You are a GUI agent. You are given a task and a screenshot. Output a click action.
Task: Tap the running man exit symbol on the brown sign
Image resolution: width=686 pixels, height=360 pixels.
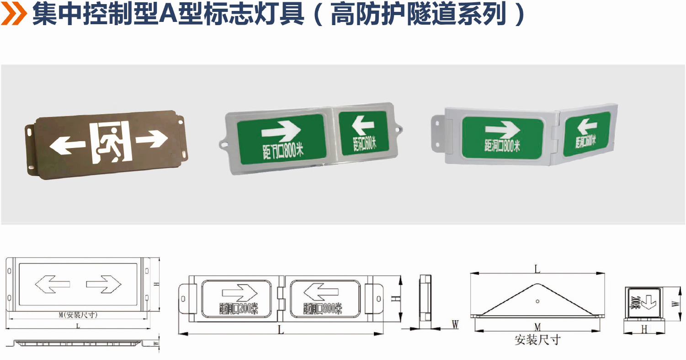pyautogui.click(x=110, y=143)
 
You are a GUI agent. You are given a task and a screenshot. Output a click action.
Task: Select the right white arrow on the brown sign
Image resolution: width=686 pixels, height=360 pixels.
pyautogui.click(x=152, y=138)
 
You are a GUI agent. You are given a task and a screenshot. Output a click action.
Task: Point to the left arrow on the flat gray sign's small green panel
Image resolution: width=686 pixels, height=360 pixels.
pyautogui.click(x=363, y=125)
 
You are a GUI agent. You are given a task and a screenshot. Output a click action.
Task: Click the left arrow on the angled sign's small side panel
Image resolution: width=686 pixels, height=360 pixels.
pyautogui.click(x=587, y=126)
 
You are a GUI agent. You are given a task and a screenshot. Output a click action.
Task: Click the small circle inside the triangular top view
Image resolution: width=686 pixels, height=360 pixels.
pyautogui.click(x=537, y=301)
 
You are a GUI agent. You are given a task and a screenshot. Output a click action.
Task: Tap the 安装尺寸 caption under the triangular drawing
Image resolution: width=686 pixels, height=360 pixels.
pyautogui.click(x=537, y=340)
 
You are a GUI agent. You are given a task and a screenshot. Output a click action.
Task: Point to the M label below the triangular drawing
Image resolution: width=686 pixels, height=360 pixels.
pyautogui.click(x=537, y=326)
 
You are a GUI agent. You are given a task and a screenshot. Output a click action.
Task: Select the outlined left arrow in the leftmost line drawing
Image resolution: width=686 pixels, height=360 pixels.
pyautogui.click(x=52, y=284)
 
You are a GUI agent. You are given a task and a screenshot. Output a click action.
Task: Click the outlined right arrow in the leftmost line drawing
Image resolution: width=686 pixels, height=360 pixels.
pyautogui.click(x=104, y=284)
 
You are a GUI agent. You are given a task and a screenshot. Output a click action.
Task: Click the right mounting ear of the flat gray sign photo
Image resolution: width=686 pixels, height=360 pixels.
pyautogui.click(x=398, y=129)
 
